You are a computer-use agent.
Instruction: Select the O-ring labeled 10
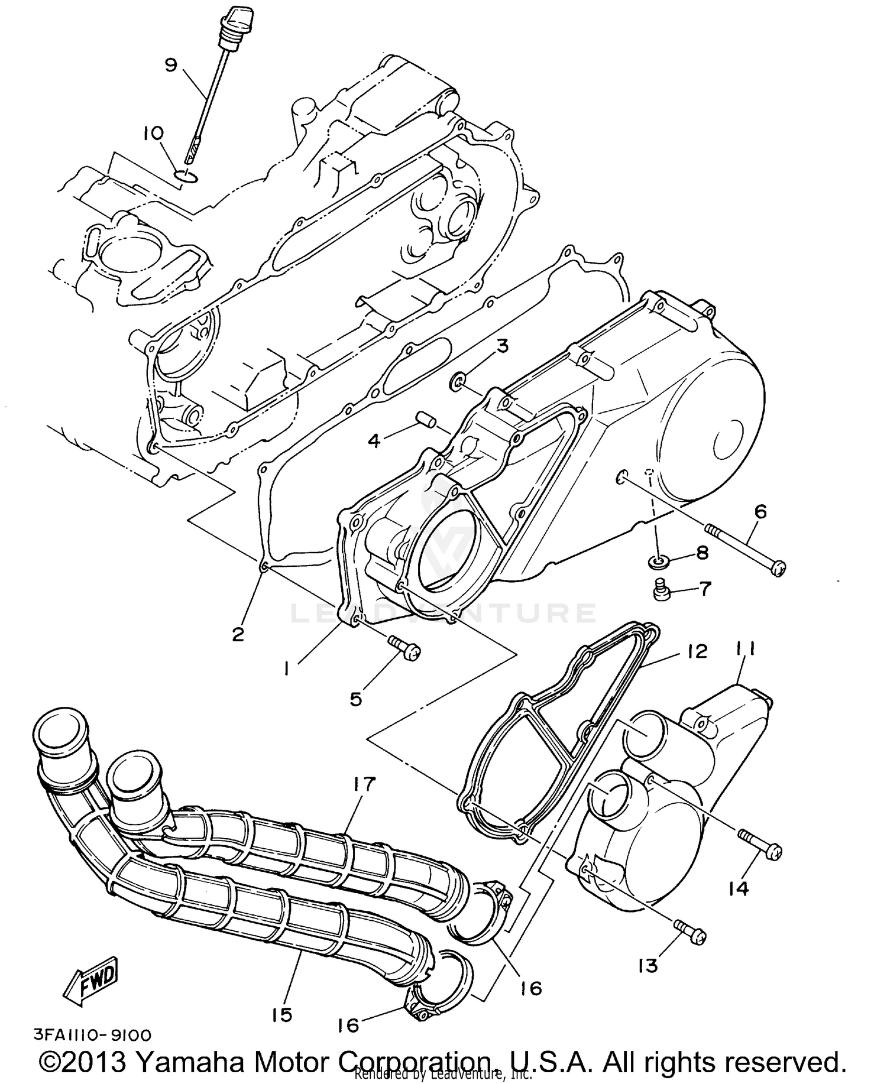(187, 175)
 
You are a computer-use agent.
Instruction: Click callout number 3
(502, 346)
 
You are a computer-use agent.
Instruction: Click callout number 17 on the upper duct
(364, 785)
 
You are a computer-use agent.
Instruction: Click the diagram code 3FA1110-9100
(92, 1036)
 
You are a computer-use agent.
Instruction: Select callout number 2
(238, 635)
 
